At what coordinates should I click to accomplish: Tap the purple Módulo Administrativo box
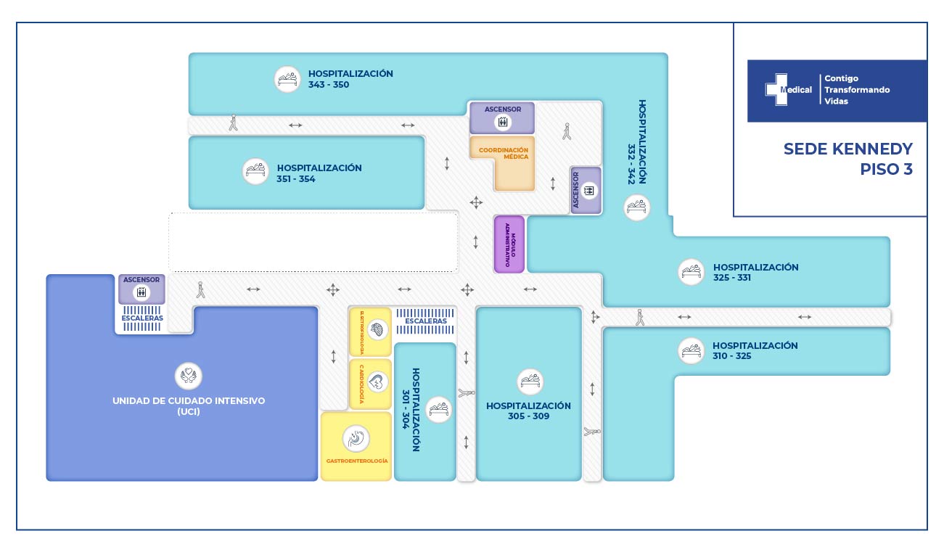(509, 244)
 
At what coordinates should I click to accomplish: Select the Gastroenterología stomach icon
(356, 438)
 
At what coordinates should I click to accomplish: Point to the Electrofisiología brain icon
(376, 331)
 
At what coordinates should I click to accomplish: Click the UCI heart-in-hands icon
(189, 376)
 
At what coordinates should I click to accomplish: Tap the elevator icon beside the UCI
(141, 293)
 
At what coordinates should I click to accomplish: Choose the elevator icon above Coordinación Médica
(502, 122)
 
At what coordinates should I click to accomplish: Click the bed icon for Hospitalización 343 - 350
(287, 79)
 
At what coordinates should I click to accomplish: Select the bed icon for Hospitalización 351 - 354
(255, 172)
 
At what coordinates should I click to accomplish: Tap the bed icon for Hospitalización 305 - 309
(530, 382)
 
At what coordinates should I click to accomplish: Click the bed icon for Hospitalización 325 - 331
(691, 272)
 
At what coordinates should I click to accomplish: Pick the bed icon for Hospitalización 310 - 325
(691, 350)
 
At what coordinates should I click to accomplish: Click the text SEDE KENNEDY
(847, 149)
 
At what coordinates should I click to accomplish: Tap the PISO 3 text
(886, 170)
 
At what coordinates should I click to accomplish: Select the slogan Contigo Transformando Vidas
(857, 90)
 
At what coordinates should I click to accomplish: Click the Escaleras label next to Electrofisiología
(426, 321)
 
